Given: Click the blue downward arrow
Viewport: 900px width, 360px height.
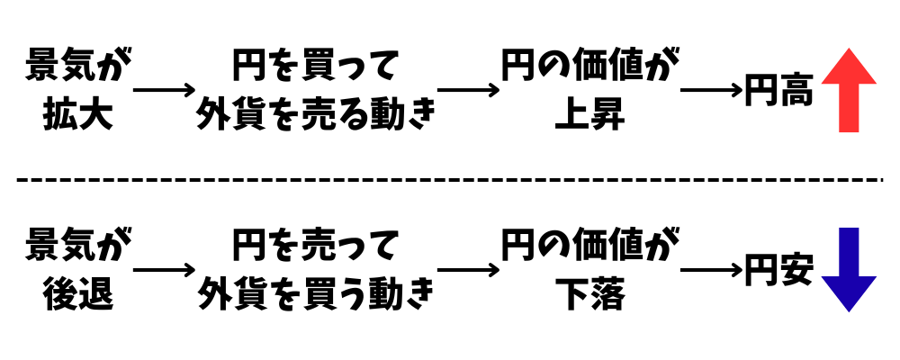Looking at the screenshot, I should pos(850,268).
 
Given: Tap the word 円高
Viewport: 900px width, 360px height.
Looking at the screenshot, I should pos(779,91).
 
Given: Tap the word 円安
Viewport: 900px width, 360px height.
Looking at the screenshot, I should pos(779,269).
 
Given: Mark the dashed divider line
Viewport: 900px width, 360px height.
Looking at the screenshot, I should pos(450,180).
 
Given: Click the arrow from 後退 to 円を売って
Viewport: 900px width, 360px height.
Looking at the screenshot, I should pos(164,269).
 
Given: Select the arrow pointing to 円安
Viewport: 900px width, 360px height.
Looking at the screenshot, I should pos(711,269).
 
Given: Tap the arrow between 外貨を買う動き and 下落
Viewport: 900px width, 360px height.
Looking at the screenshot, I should pos(468,269).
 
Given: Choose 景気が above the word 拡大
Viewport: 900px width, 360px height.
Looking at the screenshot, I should pos(77,67).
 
